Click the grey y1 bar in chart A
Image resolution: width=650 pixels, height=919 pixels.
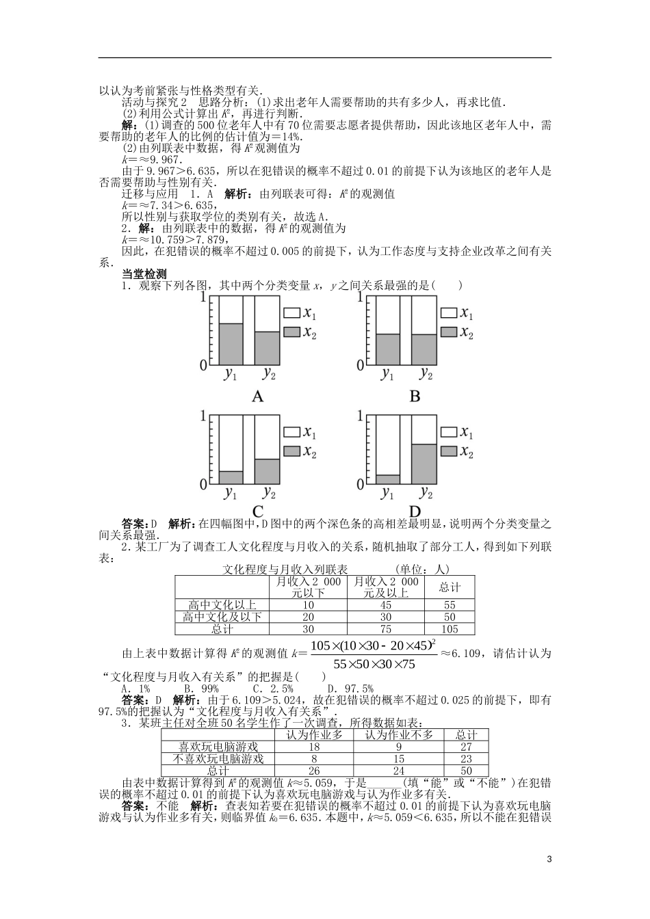(230, 344)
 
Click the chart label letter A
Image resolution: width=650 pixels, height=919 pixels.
(258, 397)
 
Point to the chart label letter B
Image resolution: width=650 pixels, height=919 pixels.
(415, 397)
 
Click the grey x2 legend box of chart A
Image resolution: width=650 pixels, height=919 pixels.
(292, 332)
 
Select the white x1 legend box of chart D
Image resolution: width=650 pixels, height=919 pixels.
(449, 432)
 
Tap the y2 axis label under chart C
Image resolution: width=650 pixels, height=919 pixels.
(269, 492)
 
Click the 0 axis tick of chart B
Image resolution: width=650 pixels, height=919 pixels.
(360, 366)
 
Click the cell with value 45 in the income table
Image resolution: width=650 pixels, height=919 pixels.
(386, 605)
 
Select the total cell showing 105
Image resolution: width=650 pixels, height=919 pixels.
(450, 629)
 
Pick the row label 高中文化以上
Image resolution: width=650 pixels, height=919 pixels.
(223, 605)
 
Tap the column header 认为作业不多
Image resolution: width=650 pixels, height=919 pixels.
(398, 734)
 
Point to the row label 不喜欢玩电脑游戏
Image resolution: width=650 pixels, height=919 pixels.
(218, 758)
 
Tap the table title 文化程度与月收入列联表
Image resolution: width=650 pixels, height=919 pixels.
(286, 569)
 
